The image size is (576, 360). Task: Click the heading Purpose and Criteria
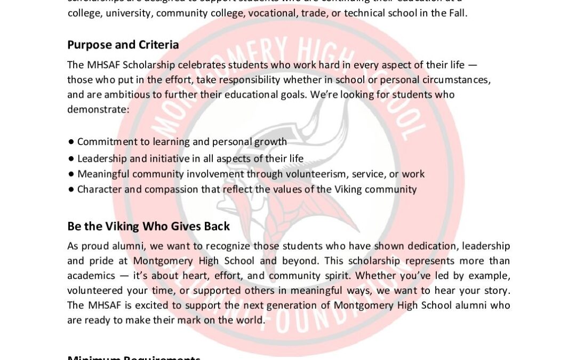click(123, 45)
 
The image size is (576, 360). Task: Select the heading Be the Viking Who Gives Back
click(148, 226)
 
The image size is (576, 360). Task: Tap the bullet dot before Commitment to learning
click(71, 142)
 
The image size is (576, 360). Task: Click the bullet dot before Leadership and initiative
click(71, 159)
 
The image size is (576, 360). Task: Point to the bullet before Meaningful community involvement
click(71, 174)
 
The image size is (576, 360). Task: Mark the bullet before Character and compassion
click(71, 190)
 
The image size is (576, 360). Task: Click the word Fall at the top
click(457, 13)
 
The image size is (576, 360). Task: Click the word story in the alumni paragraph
click(497, 291)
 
